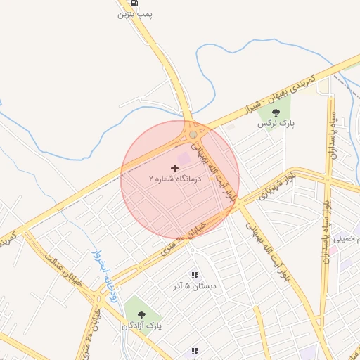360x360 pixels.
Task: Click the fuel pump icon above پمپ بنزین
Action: pos(134,4)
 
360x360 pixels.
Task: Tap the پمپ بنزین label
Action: pos(135,14)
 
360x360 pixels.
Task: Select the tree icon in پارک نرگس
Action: pos(275,112)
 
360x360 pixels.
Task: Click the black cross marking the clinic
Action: pos(174,169)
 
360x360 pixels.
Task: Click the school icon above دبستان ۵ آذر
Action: pos(195,276)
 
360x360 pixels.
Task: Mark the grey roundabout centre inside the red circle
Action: pos(193,134)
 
